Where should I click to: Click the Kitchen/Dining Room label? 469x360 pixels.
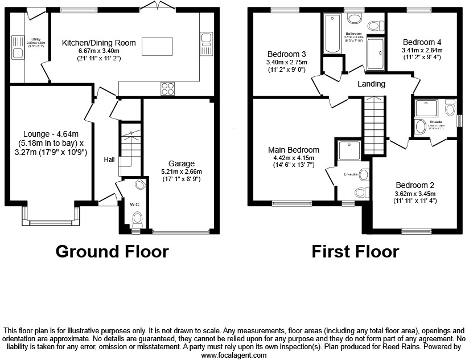pyautogui.click(x=99, y=42)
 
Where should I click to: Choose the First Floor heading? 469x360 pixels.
pyautogui.click(x=355, y=251)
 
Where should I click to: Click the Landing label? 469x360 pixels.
pyautogui.click(x=371, y=84)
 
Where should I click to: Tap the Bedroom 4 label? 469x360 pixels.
pyautogui.click(x=422, y=42)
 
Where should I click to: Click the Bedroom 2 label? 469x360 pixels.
pyautogui.click(x=415, y=185)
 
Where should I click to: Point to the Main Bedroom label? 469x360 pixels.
pyautogui.click(x=294, y=150)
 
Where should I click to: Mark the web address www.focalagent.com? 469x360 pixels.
pyautogui.click(x=234, y=354)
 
